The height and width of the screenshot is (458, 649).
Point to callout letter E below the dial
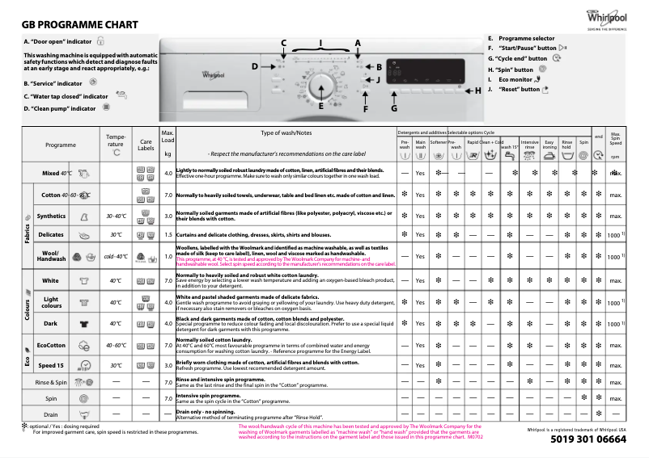click(x=320, y=106)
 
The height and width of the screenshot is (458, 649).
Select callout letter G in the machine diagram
click(x=394, y=107)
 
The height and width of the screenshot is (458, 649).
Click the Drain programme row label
click(x=50, y=414)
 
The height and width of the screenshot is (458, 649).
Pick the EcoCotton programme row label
click(x=51, y=345)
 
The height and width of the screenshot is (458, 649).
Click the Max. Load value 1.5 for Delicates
click(x=168, y=234)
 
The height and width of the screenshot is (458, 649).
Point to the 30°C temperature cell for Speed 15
click(x=117, y=364)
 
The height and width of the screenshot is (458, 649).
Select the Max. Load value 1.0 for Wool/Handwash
click(x=168, y=256)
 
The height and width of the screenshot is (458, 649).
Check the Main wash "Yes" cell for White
click(x=420, y=281)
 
